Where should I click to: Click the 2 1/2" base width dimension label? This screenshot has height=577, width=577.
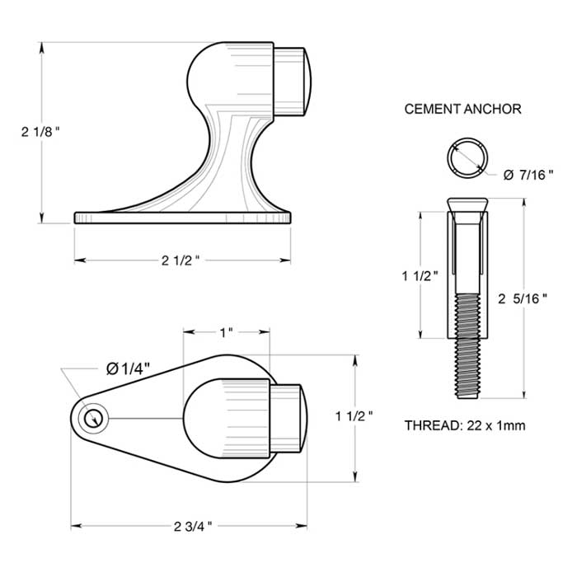pos(181,260)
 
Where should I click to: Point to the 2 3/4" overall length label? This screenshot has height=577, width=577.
pos(193,524)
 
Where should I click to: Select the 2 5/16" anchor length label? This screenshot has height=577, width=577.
pos(523,299)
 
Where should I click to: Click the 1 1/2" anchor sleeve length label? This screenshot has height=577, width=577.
pos(420,277)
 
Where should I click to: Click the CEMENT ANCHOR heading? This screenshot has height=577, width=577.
pos(462,109)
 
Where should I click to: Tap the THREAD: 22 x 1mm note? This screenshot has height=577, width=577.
pos(465,425)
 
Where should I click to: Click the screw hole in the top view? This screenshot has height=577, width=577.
pos(96,419)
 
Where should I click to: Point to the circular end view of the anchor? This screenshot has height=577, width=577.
pos(467,157)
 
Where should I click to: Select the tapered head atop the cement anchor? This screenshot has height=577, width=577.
pos(467,204)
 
